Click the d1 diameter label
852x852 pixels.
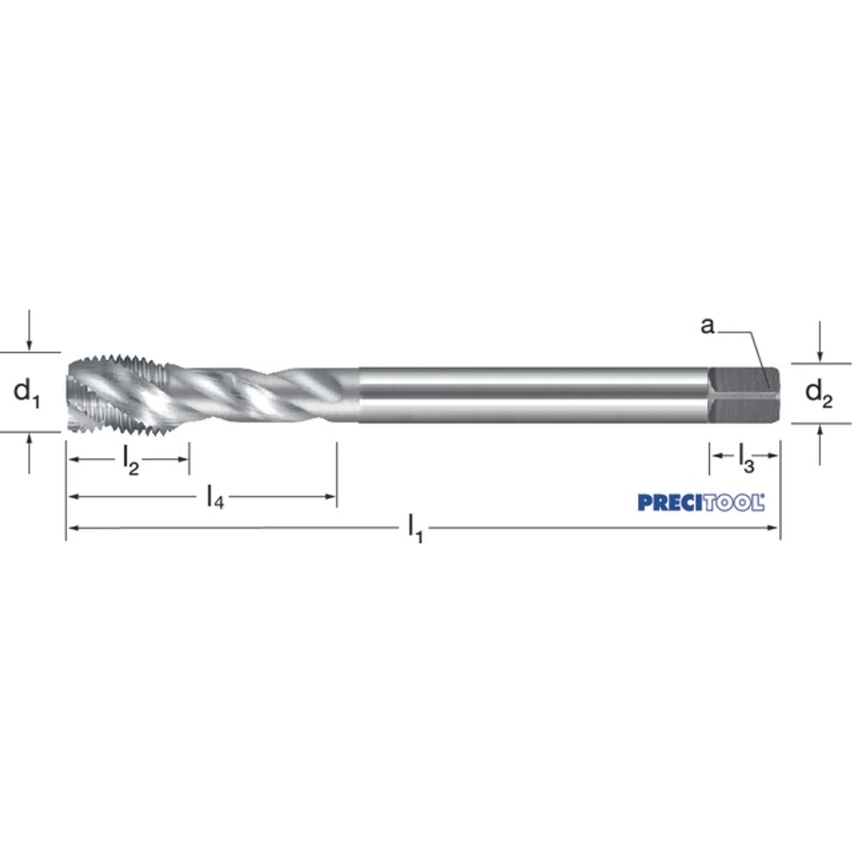[x=27, y=392]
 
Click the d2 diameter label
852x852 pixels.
[x=819, y=393]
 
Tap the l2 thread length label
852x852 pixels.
[x=131, y=461]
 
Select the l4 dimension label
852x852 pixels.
[x=215, y=497]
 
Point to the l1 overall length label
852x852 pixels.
[x=416, y=528]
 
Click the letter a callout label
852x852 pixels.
[x=707, y=326]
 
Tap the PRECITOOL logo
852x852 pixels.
[x=701, y=503]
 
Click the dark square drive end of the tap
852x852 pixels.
[x=744, y=395]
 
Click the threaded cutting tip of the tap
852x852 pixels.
[x=119, y=395]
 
